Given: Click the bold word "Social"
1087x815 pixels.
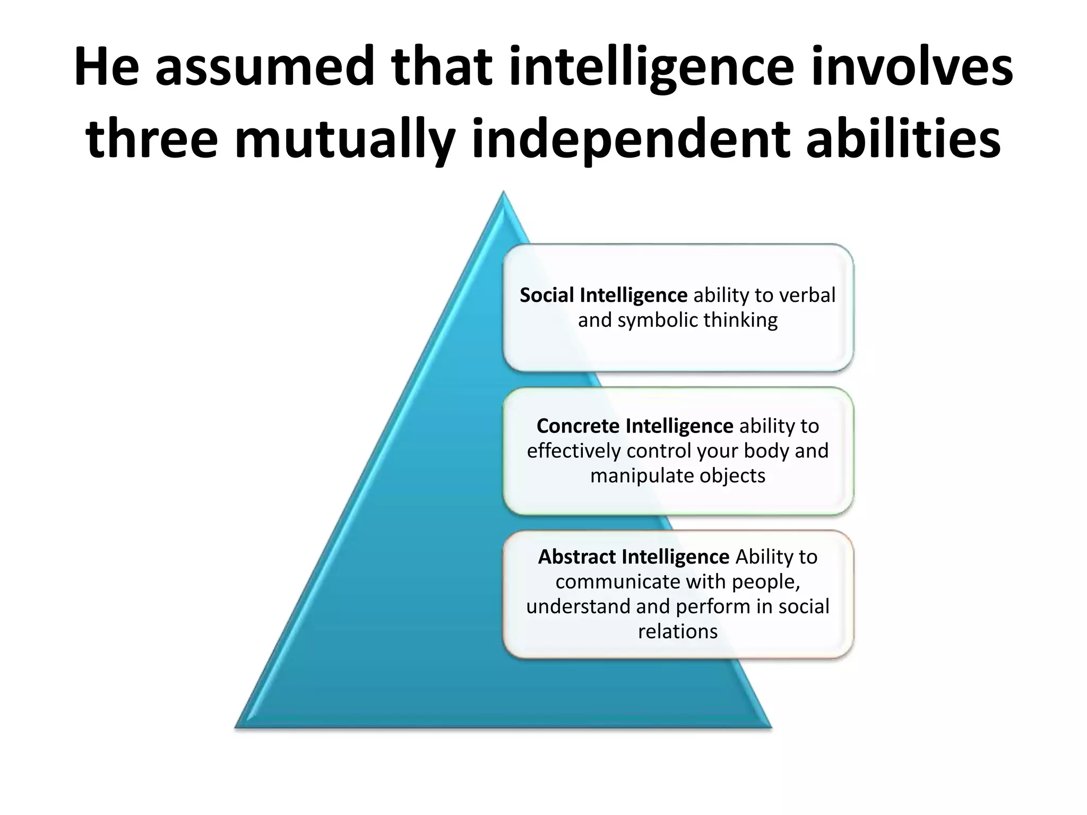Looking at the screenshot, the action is tap(547, 295).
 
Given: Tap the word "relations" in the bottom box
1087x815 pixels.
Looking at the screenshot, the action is tap(678, 631).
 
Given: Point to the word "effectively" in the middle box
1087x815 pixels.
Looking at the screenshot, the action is tap(574, 451).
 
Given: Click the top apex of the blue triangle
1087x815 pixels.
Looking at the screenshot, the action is tap(503, 193).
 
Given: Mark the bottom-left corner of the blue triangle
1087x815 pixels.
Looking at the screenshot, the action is tap(237, 725).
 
